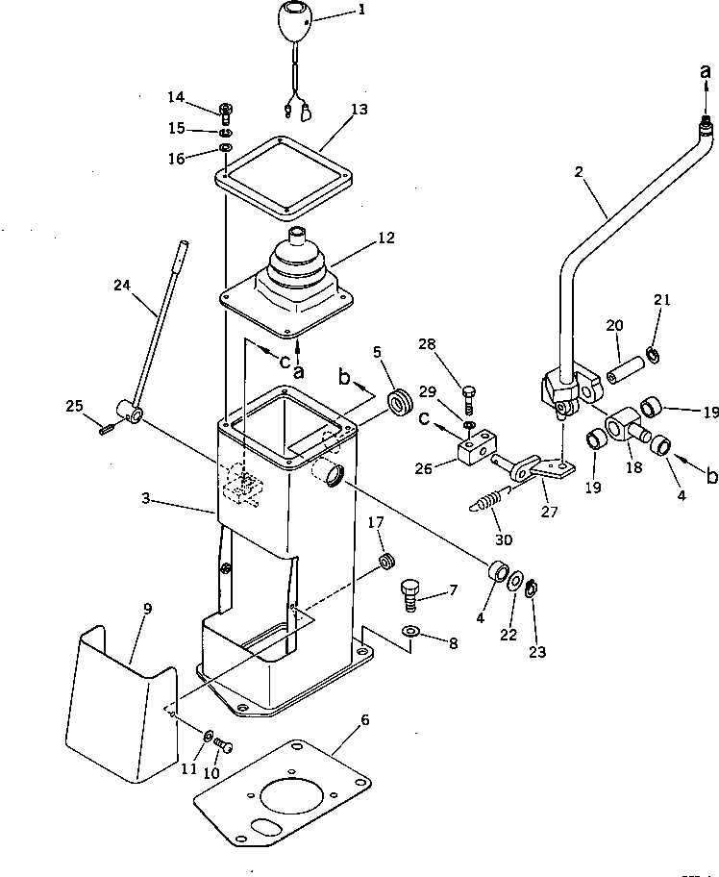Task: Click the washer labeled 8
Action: tap(409, 631)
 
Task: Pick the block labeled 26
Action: tap(476, 449)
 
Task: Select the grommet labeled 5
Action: tap(401, 399)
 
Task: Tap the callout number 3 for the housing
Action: tap(145, 499)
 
